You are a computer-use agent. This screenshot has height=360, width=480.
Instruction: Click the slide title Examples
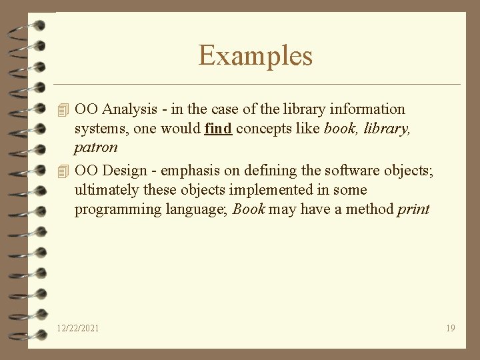click(255, 55)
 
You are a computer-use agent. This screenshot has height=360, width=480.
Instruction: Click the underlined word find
click(218, 128)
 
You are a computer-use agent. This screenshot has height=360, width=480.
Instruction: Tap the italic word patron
click(96, 147)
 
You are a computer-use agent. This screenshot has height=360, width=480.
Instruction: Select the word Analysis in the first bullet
click(127, 109)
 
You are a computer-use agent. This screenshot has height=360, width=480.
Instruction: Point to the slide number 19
click(451, 328)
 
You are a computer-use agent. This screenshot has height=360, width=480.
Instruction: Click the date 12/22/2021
click(78, 328)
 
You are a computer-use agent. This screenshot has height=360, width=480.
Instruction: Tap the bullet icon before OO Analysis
click(63, 109)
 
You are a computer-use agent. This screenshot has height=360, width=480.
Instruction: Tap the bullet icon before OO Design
click(63, 171)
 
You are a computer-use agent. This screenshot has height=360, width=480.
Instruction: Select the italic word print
click(413, 209)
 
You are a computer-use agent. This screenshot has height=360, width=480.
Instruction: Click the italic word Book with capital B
click(249, 209)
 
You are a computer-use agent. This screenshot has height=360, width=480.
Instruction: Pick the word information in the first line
click(366, 109)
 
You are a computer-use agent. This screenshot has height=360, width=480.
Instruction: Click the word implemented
click(255, 190)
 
